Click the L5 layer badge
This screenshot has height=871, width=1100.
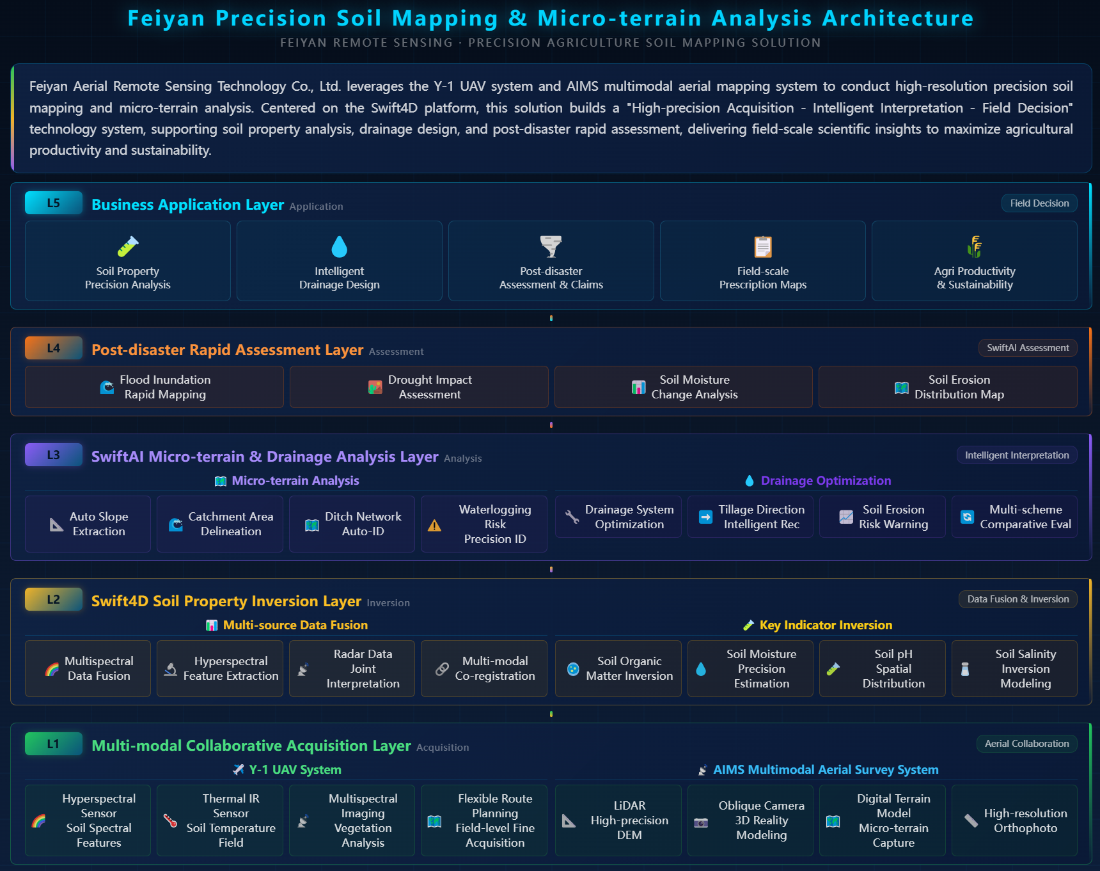54,203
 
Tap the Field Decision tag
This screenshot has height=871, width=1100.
1039,203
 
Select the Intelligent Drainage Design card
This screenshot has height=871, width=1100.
340,261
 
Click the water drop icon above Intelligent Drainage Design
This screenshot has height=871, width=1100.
340,246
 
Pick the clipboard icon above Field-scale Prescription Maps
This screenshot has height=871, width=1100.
763,246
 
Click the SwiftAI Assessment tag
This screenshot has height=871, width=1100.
1028,348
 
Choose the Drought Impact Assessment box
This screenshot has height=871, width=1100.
419,387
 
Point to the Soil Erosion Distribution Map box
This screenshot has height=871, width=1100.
948,387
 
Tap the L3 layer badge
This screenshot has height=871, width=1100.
54,455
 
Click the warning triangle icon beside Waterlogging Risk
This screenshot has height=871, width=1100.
434,525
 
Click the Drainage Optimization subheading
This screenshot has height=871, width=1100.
826,481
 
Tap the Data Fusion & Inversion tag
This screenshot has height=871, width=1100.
1018,599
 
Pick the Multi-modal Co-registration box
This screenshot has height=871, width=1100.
484,668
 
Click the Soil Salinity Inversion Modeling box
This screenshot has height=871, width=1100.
1014,668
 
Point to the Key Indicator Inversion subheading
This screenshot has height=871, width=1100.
826,625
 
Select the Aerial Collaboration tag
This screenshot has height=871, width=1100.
1027,744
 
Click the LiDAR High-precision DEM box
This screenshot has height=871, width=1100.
618,820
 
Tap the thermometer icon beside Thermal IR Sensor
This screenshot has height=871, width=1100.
170,820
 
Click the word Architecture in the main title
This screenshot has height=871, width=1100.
898,19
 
